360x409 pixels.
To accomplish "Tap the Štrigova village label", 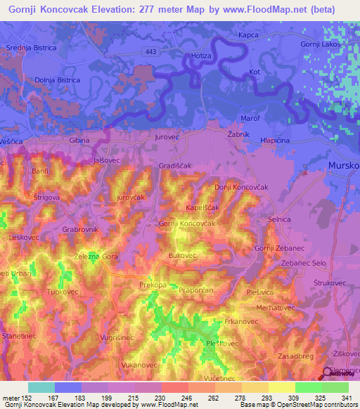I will (x=47, y=198).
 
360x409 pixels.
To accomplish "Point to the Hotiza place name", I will (x=201, y=55).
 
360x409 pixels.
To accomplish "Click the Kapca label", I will (x=248, y=35).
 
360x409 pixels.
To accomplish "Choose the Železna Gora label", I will (x=96, y=257).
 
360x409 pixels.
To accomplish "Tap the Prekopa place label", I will (x=153, y=285).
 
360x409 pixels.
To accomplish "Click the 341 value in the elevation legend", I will (x=346, y=398).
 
